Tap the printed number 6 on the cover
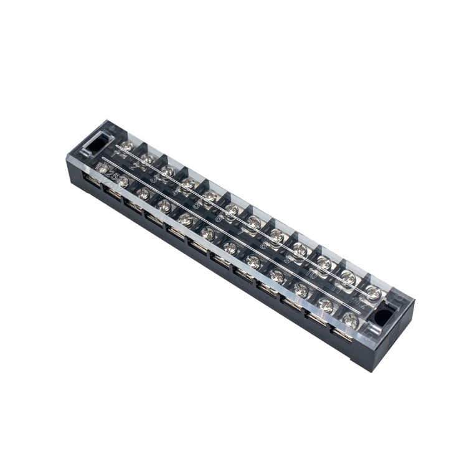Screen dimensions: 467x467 click(x=219, y=218)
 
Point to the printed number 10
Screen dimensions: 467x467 click(x=311, y=273)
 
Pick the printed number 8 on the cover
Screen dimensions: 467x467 click(x=264, y=245)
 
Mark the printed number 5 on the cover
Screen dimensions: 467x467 click(x=197, y=205)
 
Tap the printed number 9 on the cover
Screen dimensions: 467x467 click(x=288, y=258)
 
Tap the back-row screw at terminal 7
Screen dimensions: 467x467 click(x=253, y=220)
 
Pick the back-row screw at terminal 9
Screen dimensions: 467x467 click(x=300, y=249)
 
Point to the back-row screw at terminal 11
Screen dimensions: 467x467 click(x=349, y=278)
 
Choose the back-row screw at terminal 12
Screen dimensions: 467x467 click(x=373, y=291)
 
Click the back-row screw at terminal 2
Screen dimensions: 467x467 click(x=148, y=159)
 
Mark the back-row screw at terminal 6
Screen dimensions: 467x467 click(x=231, y=208)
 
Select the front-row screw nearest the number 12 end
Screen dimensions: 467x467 click(x=351, y=321)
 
